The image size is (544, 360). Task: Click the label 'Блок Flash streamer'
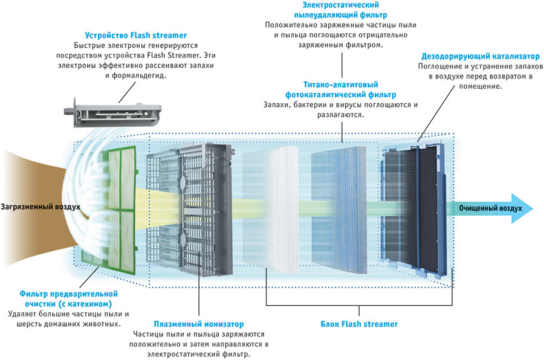point(359,324)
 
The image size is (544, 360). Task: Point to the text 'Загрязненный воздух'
point(40,207)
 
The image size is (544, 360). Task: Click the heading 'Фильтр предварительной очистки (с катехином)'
point(65,298)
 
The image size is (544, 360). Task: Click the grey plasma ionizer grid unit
point(187,205)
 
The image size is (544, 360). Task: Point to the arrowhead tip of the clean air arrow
point(534,207)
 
